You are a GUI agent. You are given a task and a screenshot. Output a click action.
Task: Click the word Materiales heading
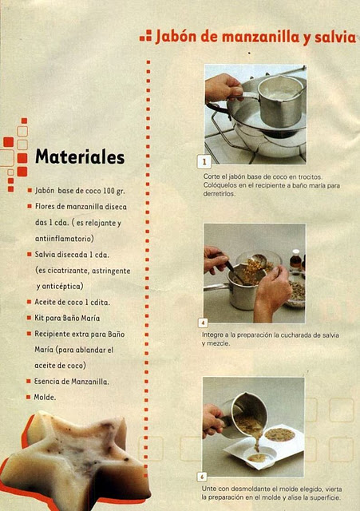pos(80,156)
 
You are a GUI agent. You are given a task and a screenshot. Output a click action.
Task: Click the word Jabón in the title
pos(176,36)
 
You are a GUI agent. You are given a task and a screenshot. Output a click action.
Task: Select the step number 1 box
pos(204,161)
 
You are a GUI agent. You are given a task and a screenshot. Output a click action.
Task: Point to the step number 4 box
pos(203,323)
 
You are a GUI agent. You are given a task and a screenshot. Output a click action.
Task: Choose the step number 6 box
pos(202,477)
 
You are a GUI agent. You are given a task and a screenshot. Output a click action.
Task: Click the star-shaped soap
pos(76,460)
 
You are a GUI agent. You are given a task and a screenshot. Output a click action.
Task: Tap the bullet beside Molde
pos(29,397)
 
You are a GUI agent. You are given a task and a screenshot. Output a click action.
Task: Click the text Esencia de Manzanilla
pos(72,382)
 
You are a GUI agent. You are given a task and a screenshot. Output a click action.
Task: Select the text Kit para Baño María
pos(67,318)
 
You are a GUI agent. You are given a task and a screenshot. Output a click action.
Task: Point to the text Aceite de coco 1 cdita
pos(73,302)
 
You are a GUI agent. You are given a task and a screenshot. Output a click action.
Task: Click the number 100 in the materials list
pos(109,191)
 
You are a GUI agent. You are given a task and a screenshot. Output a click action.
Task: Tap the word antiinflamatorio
pos(65,239)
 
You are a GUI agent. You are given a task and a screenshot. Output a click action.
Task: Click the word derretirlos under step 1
pos(219,193)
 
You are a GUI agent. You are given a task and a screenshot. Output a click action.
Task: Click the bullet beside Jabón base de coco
pos(30,190)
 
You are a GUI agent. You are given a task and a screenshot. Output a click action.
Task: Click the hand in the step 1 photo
pos(223,87)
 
